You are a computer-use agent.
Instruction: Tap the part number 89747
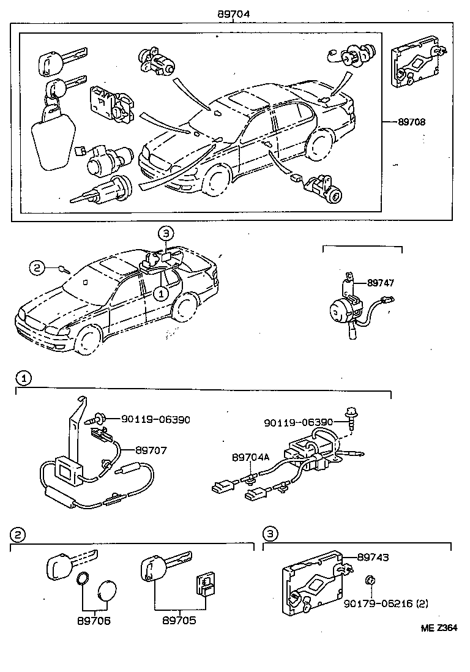pos(381,283)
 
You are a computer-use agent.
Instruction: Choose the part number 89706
pos(93,621)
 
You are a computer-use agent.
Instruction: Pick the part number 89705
pos(179,621)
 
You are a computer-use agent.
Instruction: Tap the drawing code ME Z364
pos(438,627)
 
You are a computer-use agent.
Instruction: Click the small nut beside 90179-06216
pos(371,580)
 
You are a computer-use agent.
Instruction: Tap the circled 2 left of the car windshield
pos(37,267)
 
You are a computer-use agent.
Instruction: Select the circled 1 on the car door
pos(160,294)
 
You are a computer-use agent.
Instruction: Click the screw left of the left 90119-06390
pos(97,419)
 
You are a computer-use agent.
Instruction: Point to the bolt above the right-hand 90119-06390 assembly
pos(352,415)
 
